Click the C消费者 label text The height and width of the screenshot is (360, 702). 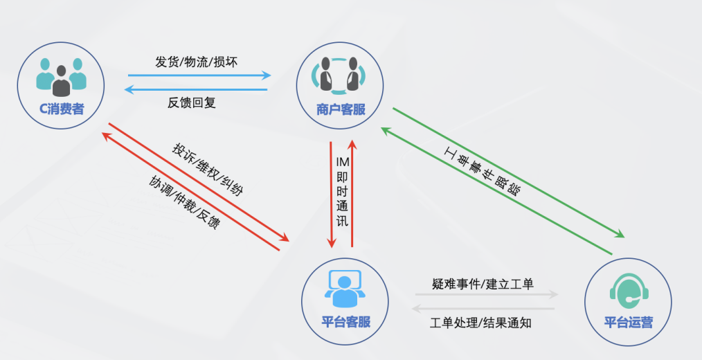[62, 108]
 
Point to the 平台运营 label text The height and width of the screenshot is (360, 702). [628, 323]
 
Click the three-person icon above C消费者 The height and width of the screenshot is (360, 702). [62, 75]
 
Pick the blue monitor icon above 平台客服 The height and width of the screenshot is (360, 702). [345, 287]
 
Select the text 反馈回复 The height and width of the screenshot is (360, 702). [192, 102]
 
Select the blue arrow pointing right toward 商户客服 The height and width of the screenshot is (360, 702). [199, 75]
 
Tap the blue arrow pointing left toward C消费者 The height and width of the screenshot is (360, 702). [195, 89]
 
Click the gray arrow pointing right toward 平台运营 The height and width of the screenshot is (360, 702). [486, 294]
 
